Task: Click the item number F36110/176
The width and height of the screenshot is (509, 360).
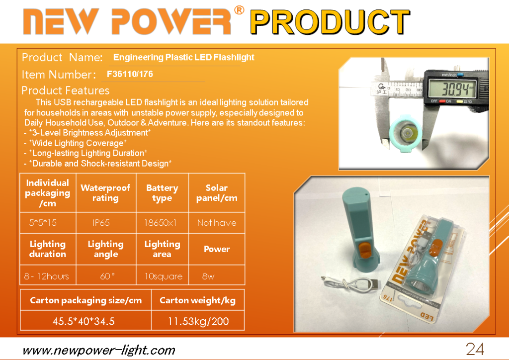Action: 130,75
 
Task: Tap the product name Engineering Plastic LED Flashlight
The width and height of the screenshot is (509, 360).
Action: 184,58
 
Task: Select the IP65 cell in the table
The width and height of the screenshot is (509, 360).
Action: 101,223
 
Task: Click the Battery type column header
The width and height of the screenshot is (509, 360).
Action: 163,193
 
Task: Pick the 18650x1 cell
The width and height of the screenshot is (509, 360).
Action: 161,223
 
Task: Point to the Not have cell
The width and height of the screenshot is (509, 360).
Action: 217,223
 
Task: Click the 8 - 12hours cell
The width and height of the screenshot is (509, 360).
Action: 46,276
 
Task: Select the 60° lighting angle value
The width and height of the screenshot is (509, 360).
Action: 107,276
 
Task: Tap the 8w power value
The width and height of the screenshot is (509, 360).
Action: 208,276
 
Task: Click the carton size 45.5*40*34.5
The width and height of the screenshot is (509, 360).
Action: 84,321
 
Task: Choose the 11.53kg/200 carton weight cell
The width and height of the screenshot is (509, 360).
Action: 198,321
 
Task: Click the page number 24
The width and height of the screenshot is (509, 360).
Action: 475,349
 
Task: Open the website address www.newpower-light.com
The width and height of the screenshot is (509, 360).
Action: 99,351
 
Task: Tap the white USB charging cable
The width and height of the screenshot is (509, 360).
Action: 350,284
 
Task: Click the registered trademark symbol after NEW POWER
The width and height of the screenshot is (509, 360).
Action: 239,10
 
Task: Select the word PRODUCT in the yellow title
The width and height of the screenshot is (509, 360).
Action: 330,22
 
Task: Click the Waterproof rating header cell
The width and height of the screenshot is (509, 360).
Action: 105,193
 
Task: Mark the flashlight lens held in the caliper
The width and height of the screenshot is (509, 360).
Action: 406,133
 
